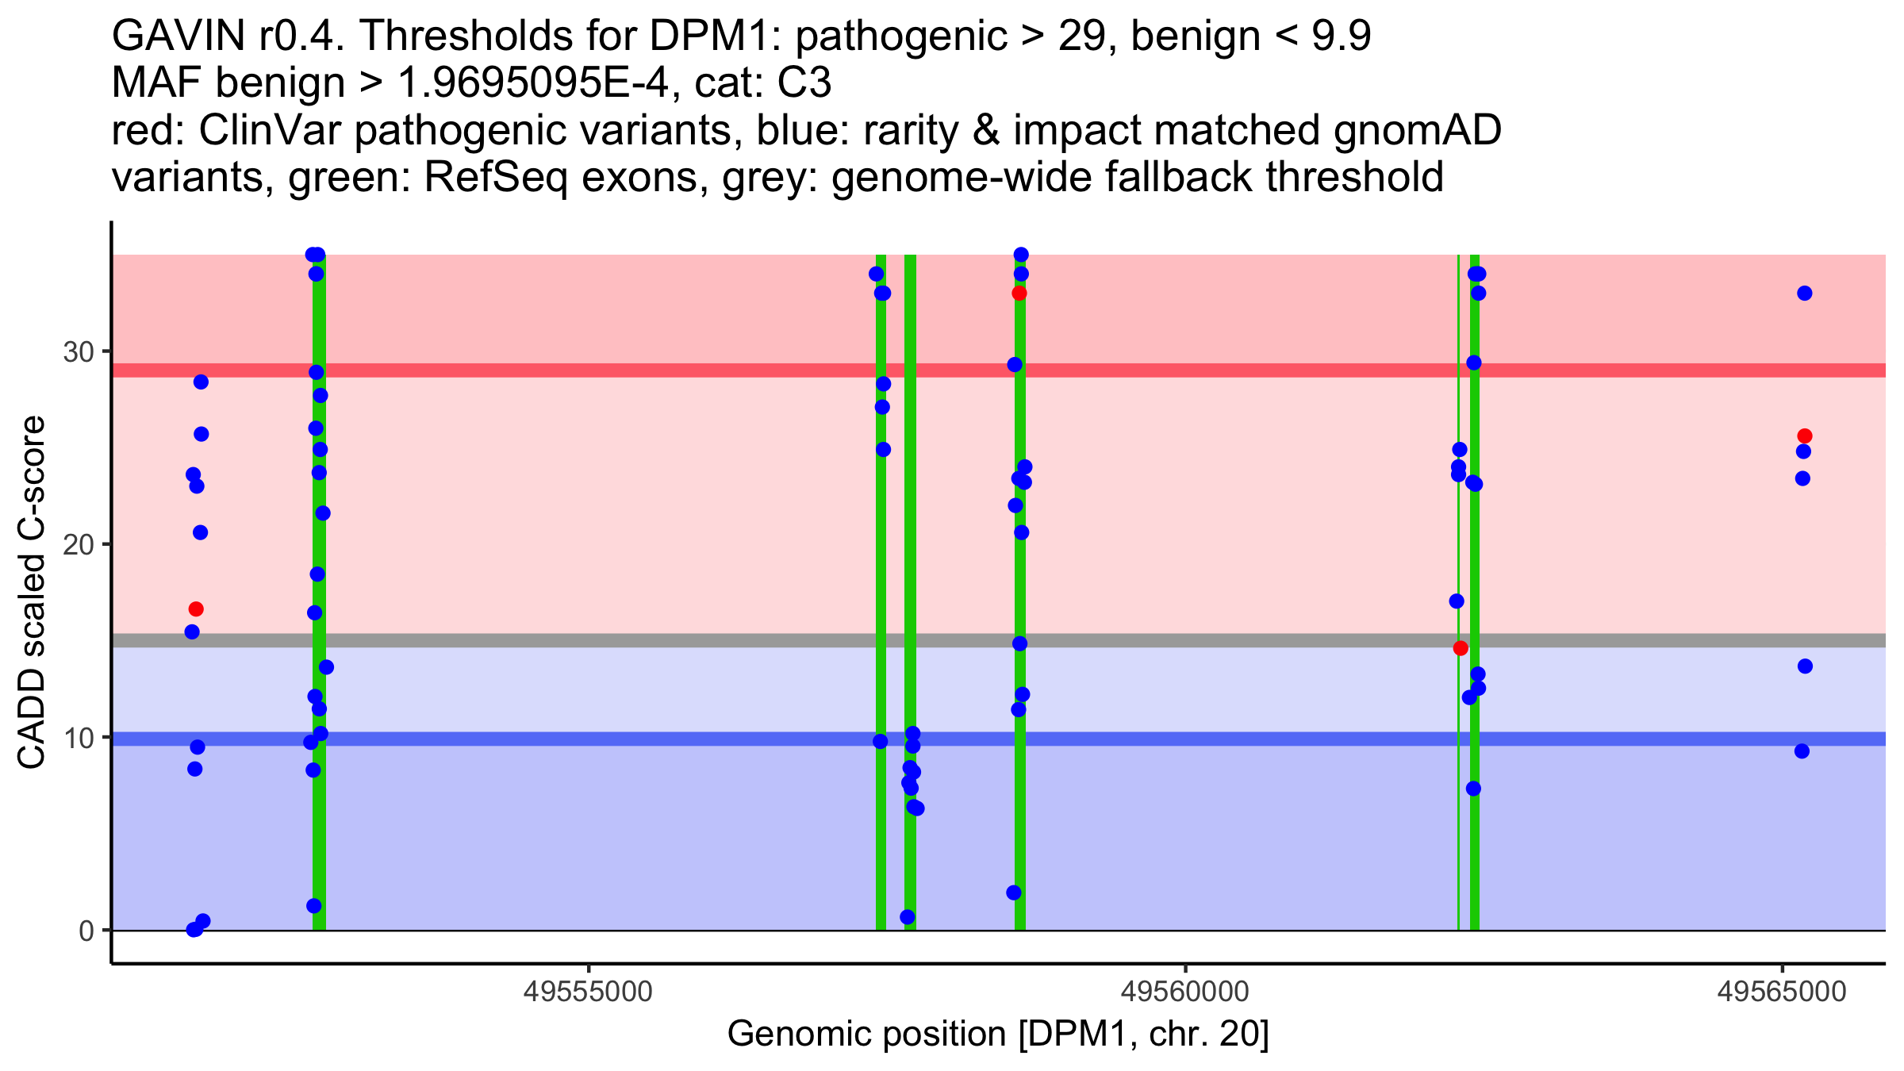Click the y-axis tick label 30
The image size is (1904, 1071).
click(78, 351)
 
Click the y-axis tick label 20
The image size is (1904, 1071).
click(78, 545)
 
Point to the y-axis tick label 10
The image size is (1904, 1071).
click(78, 738)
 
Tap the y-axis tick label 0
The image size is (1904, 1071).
click(86, 931)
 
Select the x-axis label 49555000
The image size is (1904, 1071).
click(589, 992)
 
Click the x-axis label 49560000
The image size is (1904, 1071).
click(1185, 992)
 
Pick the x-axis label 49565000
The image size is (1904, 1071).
click(1782, 992)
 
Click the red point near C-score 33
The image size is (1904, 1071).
click(1019, 294)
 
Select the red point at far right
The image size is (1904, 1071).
click(1805, 436)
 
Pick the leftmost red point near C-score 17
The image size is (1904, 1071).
click(196, 609)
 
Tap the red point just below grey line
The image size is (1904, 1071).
click(1461, 648)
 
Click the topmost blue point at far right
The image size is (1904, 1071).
click(1805, 294)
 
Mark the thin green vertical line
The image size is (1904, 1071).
click(1458, 793)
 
